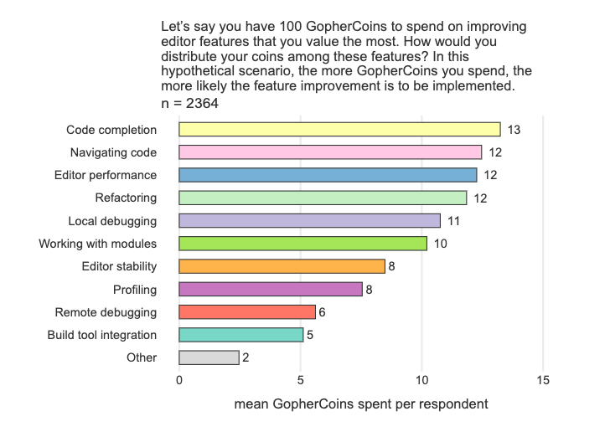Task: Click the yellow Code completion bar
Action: point(339,129)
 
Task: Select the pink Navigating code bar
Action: point(330,152)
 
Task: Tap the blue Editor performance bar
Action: point(328,175)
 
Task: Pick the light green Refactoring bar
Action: point(323,198)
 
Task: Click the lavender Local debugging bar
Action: point(309,220)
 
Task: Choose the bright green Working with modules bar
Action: point(302,244)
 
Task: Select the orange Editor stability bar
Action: point(282,266)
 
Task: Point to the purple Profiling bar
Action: point(271,289)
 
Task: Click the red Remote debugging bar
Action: point(247,311)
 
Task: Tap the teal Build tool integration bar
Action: point(241,335)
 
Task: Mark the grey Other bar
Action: point(209,357)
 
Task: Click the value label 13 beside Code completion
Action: point(514,130)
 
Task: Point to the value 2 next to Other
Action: point(246,357)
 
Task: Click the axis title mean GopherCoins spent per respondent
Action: point(360,404)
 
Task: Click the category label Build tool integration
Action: point(102,335)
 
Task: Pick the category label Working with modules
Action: point(98,244)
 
